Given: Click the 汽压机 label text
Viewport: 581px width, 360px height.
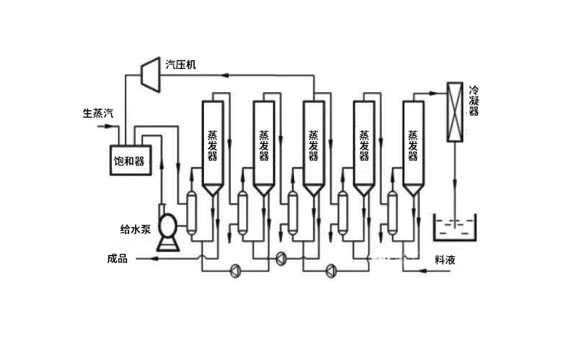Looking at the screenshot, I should [x=181, y=65].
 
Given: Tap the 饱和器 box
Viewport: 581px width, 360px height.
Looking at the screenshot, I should [x=129, y=160].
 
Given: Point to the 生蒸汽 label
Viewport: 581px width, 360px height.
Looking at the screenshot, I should [x=97, y=114].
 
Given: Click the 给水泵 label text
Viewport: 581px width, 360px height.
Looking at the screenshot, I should [x=135, y=229].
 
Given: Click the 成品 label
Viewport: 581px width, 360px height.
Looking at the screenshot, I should [x=117, y=259].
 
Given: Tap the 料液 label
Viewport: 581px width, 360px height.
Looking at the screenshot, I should [x=444, y=259].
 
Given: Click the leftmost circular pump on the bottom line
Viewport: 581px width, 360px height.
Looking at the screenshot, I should [x=236, y=271].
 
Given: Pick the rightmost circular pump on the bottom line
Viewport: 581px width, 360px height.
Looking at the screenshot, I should [x=330, y=271].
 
